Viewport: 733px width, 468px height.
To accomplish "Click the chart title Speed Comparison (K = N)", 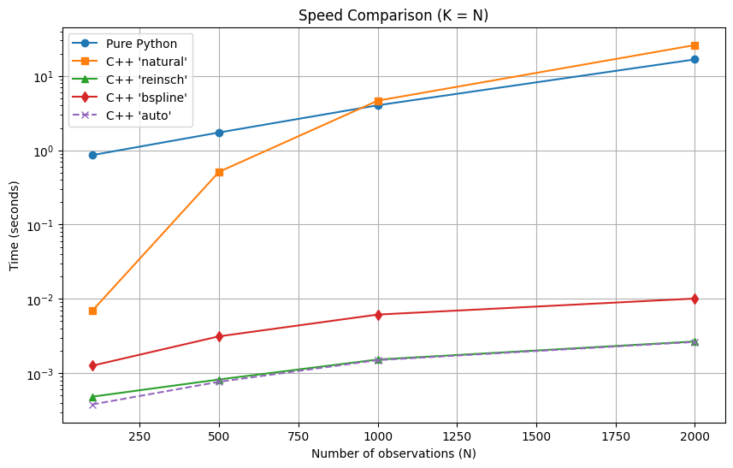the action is [x=393, y=15].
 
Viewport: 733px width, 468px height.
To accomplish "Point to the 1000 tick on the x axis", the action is [x=378, y=436].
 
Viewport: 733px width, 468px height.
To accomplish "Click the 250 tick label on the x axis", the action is [x=139, y=436].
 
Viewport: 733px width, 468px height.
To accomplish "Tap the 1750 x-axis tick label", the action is [x=616, y=436].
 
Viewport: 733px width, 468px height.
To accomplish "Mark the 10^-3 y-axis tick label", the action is [x=42, y=373].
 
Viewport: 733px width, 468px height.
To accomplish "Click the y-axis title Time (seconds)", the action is [x=15, y=226].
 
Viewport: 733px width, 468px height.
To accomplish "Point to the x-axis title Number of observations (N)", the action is [x=393, y=453].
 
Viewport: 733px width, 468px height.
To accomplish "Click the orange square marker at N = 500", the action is [x=219, y=173].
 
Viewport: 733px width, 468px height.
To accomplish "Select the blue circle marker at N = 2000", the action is [x=695, y=59].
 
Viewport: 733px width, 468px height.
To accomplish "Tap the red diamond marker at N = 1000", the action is [x=378, y=315].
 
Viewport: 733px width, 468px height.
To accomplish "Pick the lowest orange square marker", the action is [x=92, y=311].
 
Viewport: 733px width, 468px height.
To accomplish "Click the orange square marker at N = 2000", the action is [x=695, y=46].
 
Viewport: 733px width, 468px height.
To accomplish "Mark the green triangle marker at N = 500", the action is [x=219, y=380].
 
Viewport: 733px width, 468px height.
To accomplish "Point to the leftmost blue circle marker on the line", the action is [x=92, y=155].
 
